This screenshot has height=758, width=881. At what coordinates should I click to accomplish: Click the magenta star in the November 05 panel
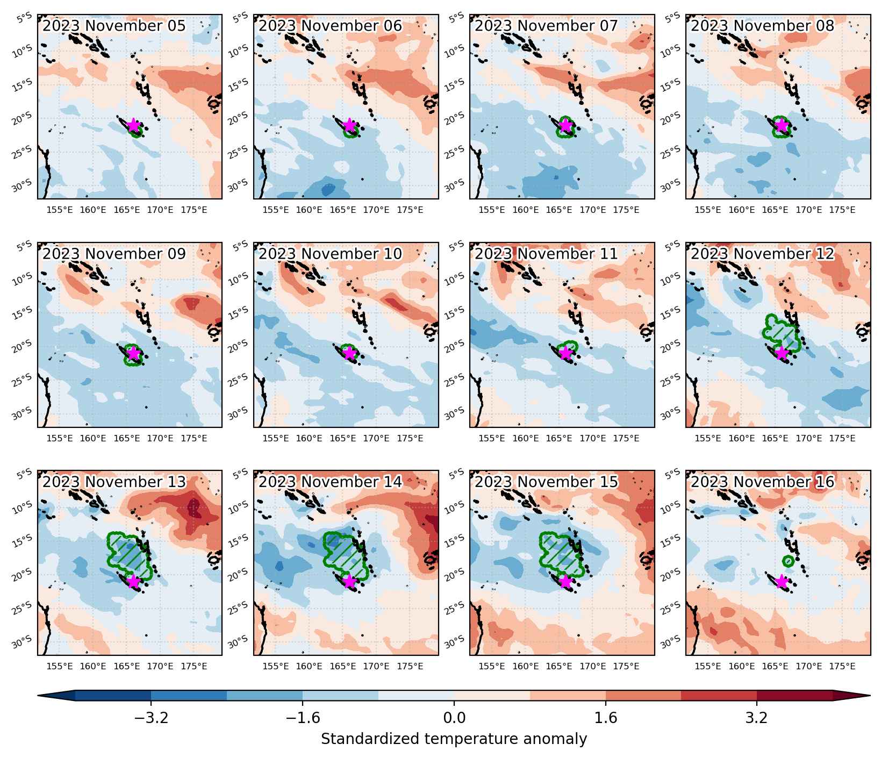[133, 125]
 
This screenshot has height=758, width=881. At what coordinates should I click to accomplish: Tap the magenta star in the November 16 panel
[782, 582]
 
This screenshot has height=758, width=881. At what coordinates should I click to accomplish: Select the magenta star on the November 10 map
[349, 353]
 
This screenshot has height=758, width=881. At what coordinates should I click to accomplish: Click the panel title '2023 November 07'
[546, 26]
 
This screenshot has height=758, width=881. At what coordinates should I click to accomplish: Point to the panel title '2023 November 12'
[762, 254]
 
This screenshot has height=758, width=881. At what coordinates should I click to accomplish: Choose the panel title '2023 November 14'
[330, 482]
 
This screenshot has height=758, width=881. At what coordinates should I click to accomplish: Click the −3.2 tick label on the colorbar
[151, 718]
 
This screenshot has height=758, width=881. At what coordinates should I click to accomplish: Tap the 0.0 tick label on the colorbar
[454, 718]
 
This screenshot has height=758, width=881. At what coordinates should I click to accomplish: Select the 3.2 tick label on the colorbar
[757, 718]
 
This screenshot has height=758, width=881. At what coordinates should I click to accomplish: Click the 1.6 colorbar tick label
[606, 718]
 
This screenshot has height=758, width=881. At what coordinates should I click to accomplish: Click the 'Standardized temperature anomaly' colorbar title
[454, 739]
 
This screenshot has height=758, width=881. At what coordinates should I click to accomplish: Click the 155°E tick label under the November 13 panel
[60, 667]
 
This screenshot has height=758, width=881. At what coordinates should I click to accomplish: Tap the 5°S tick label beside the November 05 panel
[25, 19]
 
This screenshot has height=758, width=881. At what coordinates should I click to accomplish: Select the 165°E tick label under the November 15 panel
[559, 667]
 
